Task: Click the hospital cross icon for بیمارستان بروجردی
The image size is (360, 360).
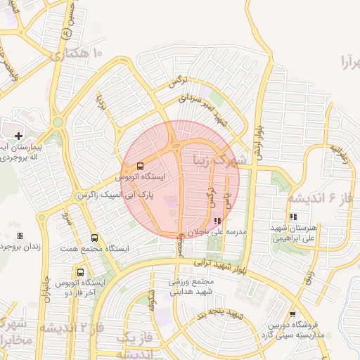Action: (x=18, y=135)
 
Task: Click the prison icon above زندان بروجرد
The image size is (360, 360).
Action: (x=20, y=236)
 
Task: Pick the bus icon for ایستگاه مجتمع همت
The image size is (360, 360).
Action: (x=94, y=238)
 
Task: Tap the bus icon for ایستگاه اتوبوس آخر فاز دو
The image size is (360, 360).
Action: (x=80, y=272)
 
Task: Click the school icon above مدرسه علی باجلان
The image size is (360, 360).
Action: (x=217, y=220)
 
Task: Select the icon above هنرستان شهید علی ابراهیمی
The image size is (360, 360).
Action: (x=293, y=217)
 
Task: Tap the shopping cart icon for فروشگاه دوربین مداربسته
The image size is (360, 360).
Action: (x=292, y=314)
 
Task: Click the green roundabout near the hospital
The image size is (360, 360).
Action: (x=58, y=122)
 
